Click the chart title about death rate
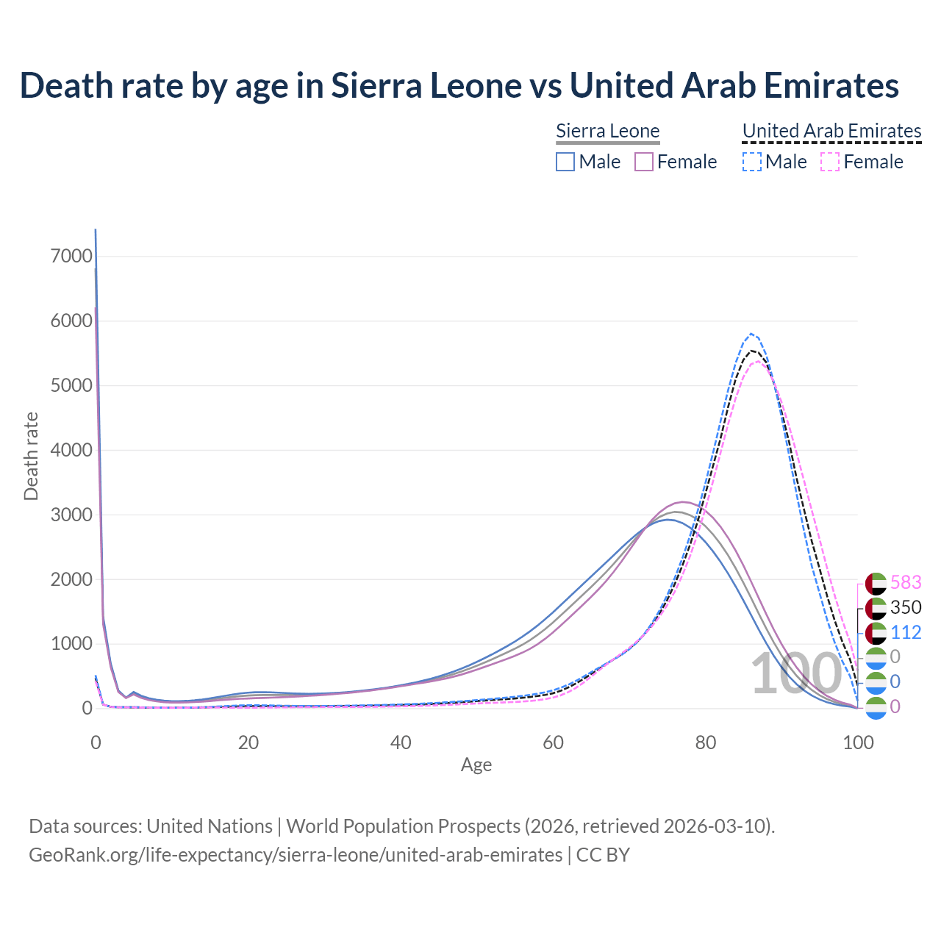point(459,85)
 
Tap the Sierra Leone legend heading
point(607,131)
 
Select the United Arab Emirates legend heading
point(831,131)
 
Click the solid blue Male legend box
point(565,162)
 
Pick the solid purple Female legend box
point(644,162)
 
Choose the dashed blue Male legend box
point(751,162)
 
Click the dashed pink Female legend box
point(829,162)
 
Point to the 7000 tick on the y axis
point(71,256)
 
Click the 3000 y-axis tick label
point(71,515)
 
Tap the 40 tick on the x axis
point(401,743)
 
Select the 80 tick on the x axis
point(706,743)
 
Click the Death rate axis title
point(31,456)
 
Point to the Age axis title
point(476,765)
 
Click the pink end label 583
point(906,582)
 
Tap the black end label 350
point(906,607)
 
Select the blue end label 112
point(906,632)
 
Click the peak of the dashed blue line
point(751,334)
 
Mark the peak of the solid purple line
point(684,502)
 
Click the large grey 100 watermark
point(795,673)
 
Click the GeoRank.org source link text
point(296,855)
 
